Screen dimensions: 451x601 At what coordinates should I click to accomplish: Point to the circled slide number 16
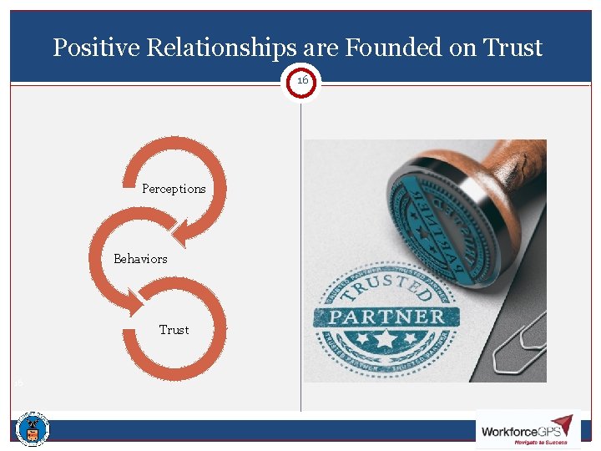coord(301,81)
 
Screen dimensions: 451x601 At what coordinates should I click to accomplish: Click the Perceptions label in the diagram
coord(174,189)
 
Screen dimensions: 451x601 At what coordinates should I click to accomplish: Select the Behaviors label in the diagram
coord(140,259)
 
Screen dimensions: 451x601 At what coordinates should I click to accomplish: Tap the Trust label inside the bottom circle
coord(174,330)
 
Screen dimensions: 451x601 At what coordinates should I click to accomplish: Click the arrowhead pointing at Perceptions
coord(189,226)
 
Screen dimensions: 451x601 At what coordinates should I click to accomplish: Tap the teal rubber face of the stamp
coord(434,217)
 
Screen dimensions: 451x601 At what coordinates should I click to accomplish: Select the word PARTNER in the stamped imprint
coord(386,317)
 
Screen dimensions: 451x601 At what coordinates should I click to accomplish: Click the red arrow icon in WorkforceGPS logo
coord(561,423)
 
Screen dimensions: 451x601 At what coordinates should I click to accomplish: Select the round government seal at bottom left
coord(33,429)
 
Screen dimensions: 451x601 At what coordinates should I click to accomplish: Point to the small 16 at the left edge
coord(18,383)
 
